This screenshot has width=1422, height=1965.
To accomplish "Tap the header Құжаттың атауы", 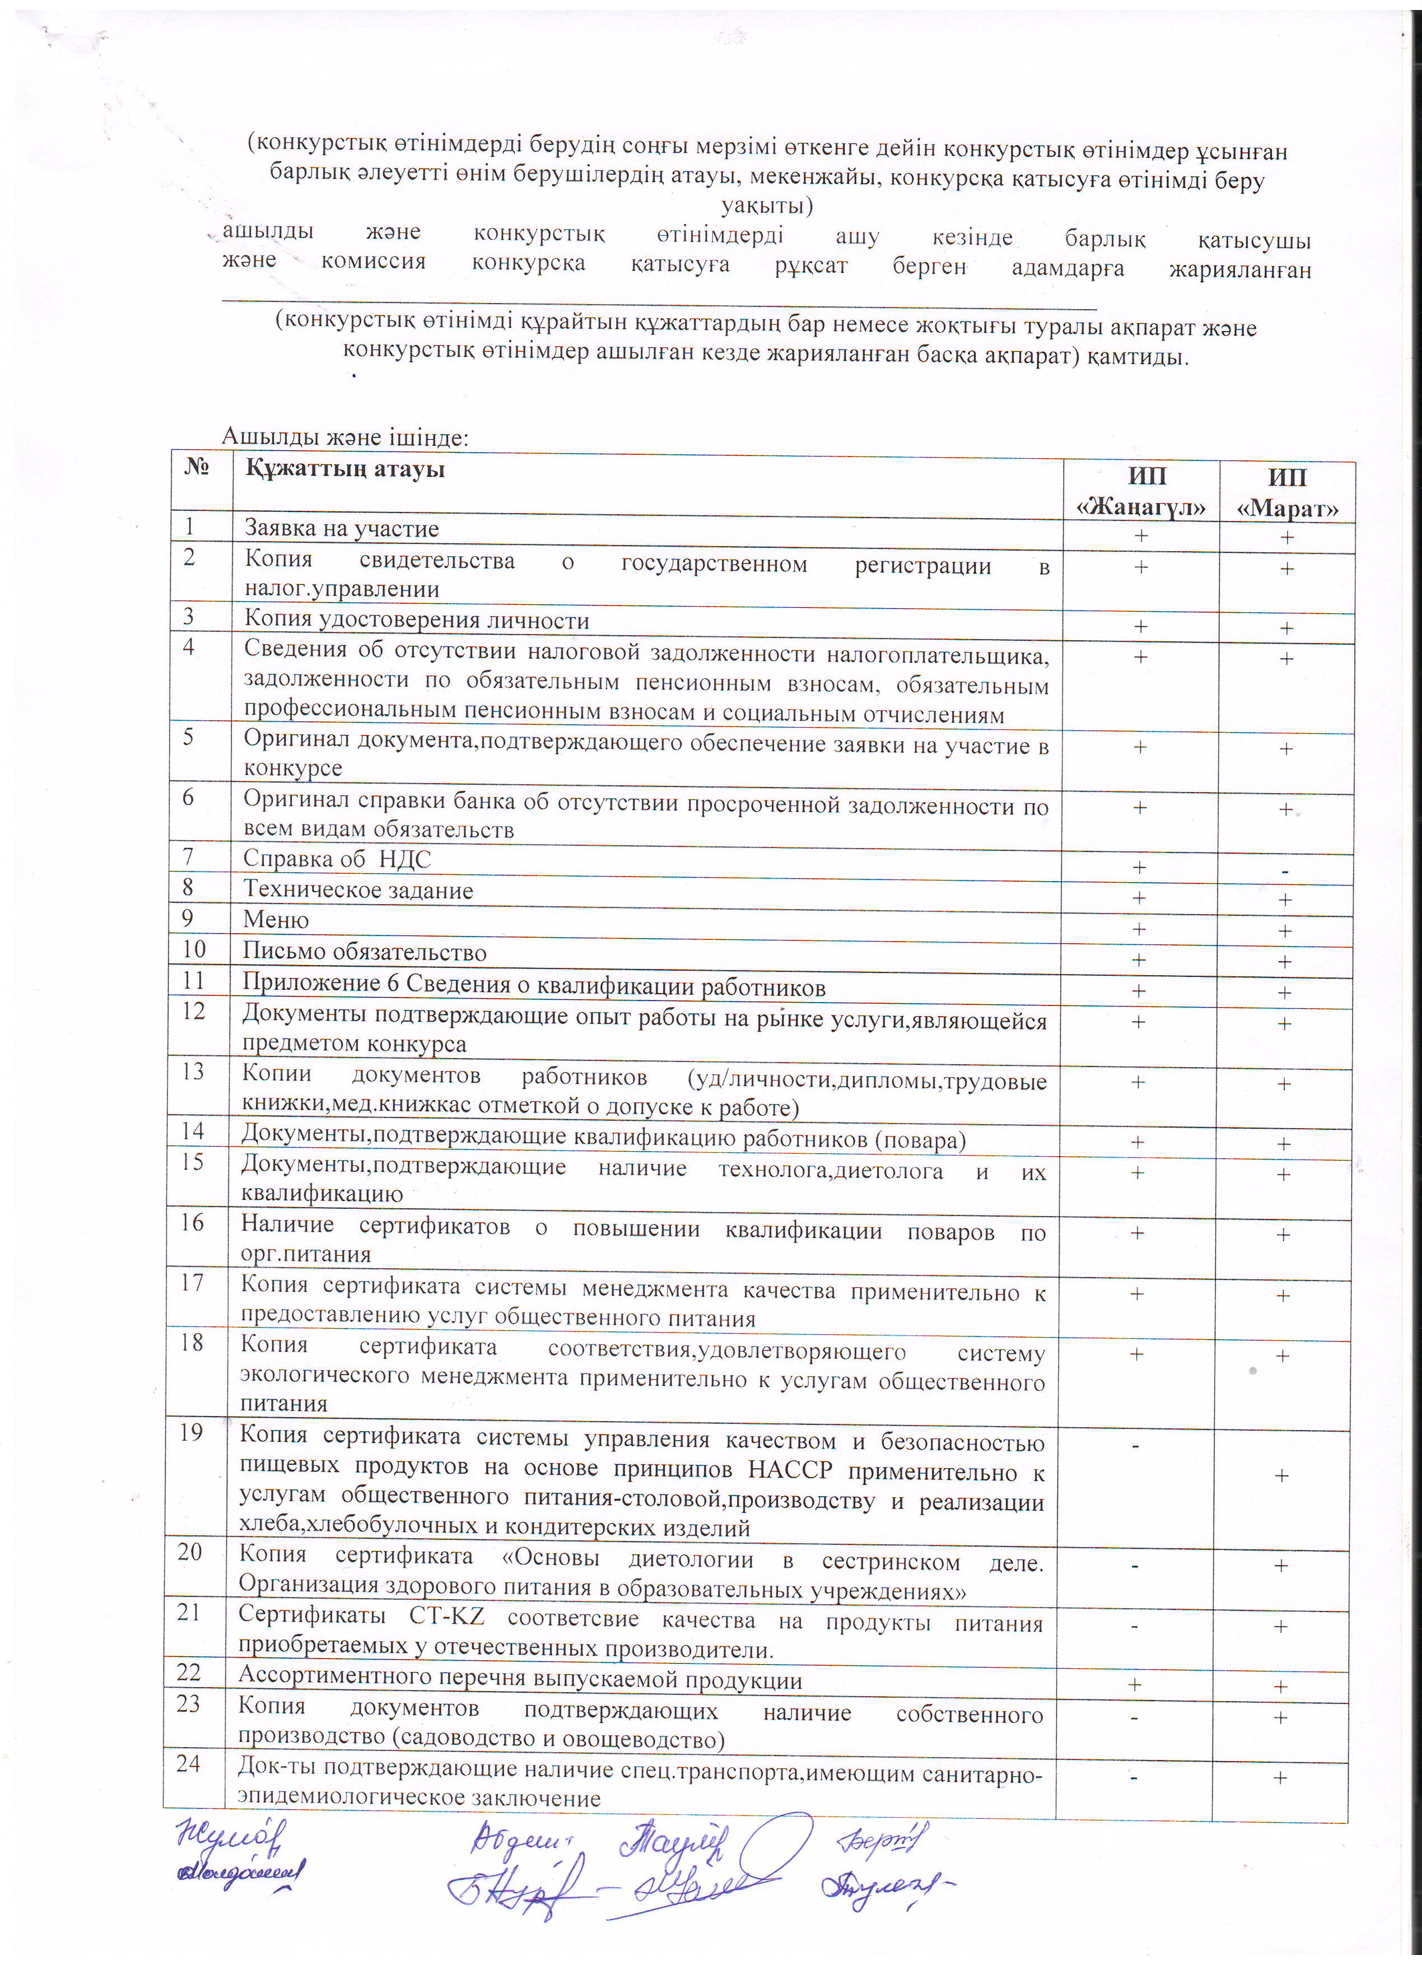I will pyautogui.click(x=344, y=469).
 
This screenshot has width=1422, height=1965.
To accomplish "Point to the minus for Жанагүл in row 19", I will pyautogui.click(x=1135, y=1444).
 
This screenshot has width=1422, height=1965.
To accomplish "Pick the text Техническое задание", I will pyautogui.click(x=358, y=890).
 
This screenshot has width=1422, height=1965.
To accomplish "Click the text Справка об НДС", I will pyautogui.click(x=336, y=859).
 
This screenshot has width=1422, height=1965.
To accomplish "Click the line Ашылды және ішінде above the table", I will pyautogui.click(x=344, y=437).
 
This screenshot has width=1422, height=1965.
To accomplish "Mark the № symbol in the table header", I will pyautogui.click(x=198, y=468).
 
